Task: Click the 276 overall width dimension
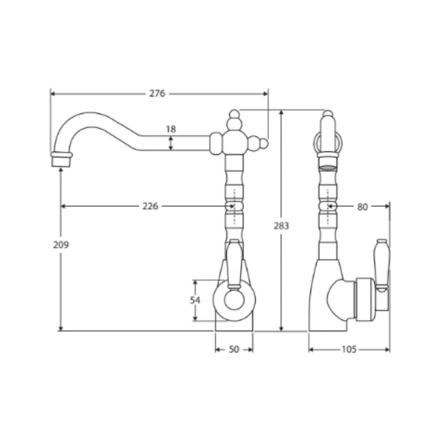(x=157, y=94)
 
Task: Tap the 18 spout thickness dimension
(x=171, y=129)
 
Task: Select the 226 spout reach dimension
(x=150, y=206)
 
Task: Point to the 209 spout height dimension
(x=61, y=245)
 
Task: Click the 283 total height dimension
(x=281, y=225)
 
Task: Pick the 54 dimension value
(x=195, y=300)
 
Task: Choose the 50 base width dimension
(x=234, y=349)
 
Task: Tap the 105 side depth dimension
(x=349, y=349)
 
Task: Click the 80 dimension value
(x=362, y=207)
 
